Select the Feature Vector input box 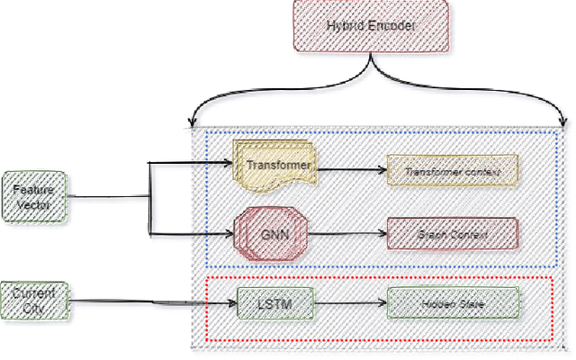(x=36, y=196)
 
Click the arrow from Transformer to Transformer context (x=351, y=168)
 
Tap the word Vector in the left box (x=36, y=205)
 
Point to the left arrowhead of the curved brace (x=191, y=122)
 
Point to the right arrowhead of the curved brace (x=562, y=124)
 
